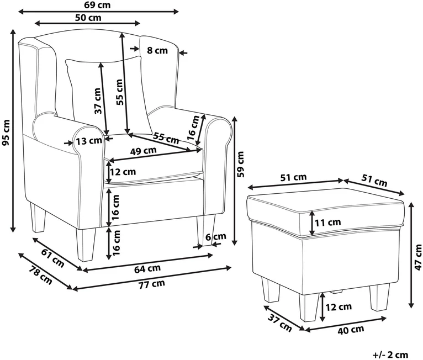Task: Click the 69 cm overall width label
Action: tap(98, 5)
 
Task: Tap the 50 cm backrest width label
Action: tap(88, 18)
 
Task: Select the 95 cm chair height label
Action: tap(6, 133)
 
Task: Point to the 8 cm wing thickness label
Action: tap(157, 50)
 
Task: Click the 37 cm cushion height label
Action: tap(98, 101)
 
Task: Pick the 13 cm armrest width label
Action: tap(89, 140)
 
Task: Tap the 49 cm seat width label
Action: tap(143, 151)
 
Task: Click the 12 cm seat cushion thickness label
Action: tap(123, 172)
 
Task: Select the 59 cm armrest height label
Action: tap(240, 164)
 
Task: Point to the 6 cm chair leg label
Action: tap(216, 237)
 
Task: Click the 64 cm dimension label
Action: tap(147, 268)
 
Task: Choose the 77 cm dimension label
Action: tap(152, 284)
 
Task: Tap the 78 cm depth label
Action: tap(40, 276)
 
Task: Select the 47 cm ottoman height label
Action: tap(418, 257)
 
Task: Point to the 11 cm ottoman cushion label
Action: tap(328, 223)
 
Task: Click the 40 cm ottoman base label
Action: tap(351, 330)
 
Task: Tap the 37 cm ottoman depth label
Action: tap(280, 323)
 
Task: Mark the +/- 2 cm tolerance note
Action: tap(390, 354)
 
